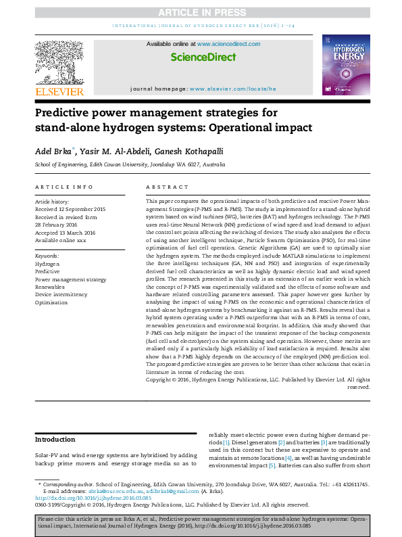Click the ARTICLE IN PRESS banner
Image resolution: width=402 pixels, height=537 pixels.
point(201,13)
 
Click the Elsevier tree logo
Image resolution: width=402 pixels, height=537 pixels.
point(59,62)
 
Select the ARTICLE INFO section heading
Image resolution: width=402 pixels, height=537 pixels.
point(64,187)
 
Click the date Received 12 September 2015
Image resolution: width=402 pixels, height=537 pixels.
point(70,210)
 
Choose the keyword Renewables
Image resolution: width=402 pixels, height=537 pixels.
point(51,287)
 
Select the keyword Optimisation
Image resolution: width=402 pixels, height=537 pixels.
point(52,302)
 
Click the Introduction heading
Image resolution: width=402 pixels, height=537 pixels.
point(55,440)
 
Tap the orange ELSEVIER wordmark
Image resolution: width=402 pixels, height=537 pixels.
point(59,91)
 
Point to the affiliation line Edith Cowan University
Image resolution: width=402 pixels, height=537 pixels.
point(130,164)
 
